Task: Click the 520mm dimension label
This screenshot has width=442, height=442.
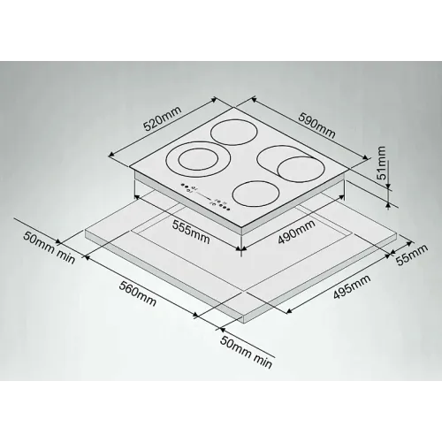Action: tap(162, 118)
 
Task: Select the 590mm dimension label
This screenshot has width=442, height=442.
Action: tap(316, 126)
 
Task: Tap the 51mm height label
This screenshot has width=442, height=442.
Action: tap(381, 163)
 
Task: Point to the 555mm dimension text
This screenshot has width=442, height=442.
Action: tap(191, 232)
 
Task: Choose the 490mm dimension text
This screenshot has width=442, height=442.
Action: tap(296, 232)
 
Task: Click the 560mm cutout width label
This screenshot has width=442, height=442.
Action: tap(137, 293)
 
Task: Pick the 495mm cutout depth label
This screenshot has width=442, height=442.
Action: tap(352, 286)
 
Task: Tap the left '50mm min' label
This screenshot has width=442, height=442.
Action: tap(50, 248)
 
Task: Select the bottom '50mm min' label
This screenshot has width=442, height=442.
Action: tap(246, 352)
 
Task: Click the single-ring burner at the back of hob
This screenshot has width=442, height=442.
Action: tap(234, 132)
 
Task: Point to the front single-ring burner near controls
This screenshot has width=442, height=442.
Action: tap(255, 194)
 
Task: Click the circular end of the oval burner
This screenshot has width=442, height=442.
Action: tap(301, 169)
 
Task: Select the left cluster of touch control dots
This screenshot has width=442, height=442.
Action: tap(188, 187)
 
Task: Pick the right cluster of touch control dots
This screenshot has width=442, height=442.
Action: tap(221, 206)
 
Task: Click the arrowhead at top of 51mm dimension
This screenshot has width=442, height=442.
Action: tap(388, 187)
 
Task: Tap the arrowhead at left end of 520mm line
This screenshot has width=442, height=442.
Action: tap(111, 156)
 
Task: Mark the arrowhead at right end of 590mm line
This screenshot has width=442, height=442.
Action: tap(366, 157)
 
